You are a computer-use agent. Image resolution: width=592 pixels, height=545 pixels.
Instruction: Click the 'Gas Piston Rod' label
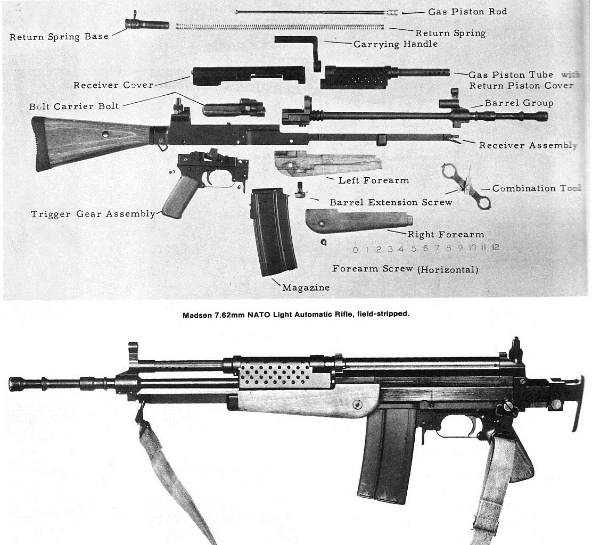click(x=467, y=12)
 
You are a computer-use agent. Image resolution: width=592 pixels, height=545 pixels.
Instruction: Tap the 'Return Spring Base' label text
click(x=59, y=37)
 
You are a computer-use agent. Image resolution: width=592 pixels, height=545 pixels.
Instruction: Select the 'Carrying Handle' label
click(x=395, y=44)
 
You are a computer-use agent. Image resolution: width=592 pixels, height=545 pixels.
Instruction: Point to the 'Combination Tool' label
click(x=536, y=188)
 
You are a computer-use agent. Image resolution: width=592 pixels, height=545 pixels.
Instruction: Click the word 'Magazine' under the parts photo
click(x=306, y=287)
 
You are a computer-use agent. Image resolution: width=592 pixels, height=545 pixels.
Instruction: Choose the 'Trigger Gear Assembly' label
click(x=93, y=214)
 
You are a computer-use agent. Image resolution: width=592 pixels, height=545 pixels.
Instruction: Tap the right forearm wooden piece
click(x=357, y=219)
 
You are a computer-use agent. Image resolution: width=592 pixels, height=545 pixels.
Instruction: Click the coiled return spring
click(x=279, y=26)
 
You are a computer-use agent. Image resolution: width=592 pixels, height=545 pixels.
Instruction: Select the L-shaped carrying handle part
click(x=298, y=46)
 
